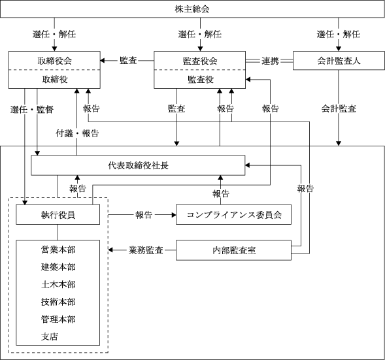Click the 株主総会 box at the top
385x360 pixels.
192,9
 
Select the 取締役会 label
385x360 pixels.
54,61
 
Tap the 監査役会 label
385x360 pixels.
200,61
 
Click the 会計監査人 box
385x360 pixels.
339,60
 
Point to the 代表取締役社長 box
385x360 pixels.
138,165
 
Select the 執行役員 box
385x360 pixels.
58,214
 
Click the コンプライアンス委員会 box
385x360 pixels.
233,214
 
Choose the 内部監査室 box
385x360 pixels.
233,250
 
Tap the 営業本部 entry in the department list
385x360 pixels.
58,250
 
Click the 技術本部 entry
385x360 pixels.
58,302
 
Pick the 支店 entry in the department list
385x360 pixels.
50,336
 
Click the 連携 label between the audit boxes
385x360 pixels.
270,61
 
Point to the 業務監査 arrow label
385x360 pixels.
146,250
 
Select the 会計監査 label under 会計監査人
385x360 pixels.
339,108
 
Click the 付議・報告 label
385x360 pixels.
77,133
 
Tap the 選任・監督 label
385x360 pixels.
32,110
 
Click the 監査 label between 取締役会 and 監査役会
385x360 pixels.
128,60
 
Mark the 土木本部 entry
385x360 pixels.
58,284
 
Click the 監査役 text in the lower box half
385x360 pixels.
201,79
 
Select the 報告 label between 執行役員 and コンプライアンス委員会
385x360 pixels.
144,215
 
